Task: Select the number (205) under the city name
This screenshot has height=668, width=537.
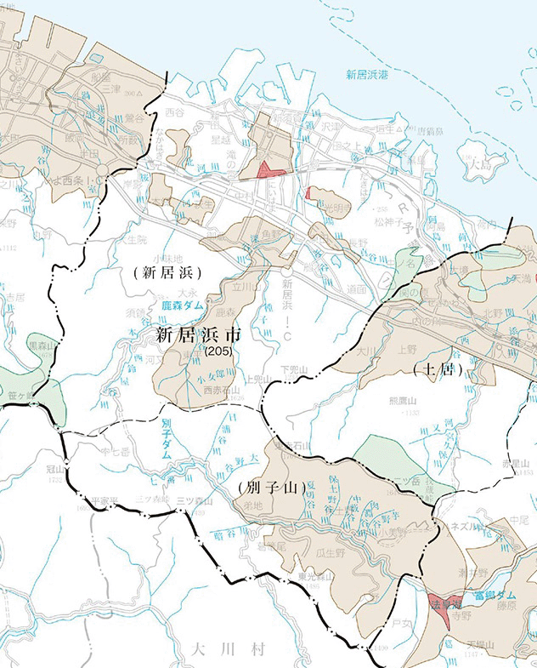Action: point(218,350)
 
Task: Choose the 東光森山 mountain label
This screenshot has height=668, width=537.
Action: point(314,576)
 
